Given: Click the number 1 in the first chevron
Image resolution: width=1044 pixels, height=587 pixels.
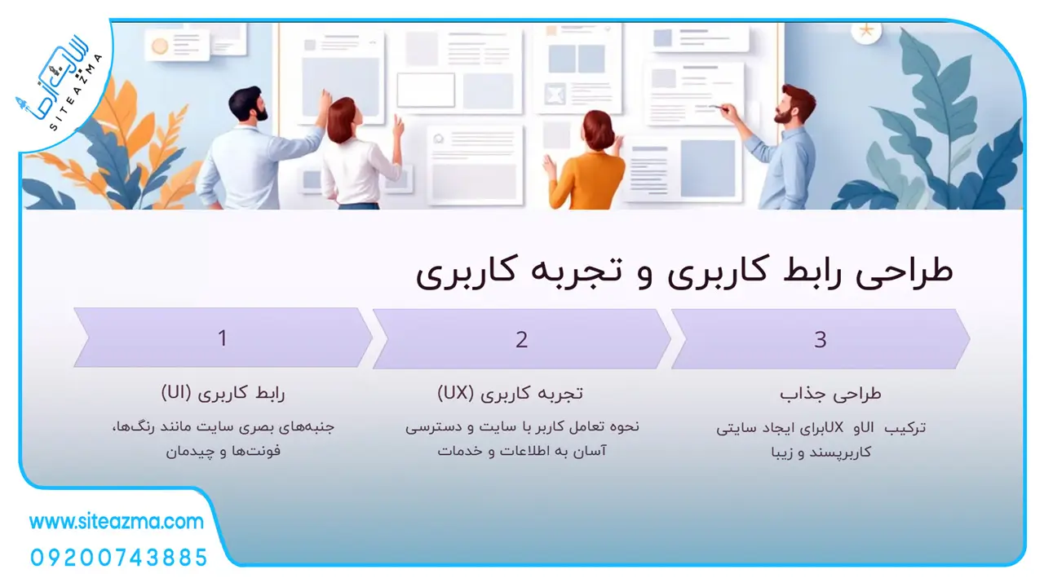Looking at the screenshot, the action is [x=223, y=338].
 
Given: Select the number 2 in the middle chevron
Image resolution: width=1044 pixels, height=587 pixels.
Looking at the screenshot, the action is [x=521, y=340].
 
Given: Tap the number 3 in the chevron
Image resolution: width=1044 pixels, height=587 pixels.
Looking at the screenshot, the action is [x=821, y=340].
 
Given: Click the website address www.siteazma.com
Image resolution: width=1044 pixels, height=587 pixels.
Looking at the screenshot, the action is [x=116, y=522].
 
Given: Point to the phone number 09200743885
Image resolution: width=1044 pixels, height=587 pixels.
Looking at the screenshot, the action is [x=118, y=558].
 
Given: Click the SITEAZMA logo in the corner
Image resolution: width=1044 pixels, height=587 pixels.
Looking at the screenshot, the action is [x=60, y=86].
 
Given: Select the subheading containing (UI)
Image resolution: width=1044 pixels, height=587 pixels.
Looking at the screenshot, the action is [x=223, y=394].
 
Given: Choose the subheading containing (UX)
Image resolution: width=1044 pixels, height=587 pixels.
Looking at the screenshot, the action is [x=510, y=394].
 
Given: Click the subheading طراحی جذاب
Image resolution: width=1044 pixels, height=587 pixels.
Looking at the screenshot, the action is [x=830, y=395].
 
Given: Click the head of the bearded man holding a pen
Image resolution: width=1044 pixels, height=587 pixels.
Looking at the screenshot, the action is [x=796, y=105].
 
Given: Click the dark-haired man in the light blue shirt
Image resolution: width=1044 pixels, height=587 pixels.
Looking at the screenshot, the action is [x=254, y=149].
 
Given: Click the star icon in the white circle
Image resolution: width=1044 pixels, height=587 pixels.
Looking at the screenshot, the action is [x=866, y=31].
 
